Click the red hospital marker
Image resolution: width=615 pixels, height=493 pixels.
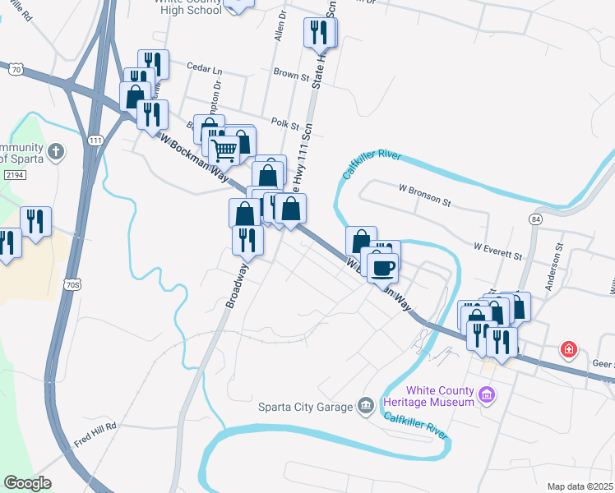568,350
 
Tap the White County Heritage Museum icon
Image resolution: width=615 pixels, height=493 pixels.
487,396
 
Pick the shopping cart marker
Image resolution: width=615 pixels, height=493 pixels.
224,151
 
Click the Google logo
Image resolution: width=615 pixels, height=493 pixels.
27,483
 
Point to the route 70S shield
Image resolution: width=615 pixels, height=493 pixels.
73,285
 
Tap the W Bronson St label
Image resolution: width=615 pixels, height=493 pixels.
424,200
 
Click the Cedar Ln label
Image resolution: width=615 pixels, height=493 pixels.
206,68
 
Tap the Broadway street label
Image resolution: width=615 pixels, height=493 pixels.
238,286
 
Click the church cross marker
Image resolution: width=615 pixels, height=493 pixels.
55,151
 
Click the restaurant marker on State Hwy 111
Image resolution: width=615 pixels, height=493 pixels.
319,33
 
